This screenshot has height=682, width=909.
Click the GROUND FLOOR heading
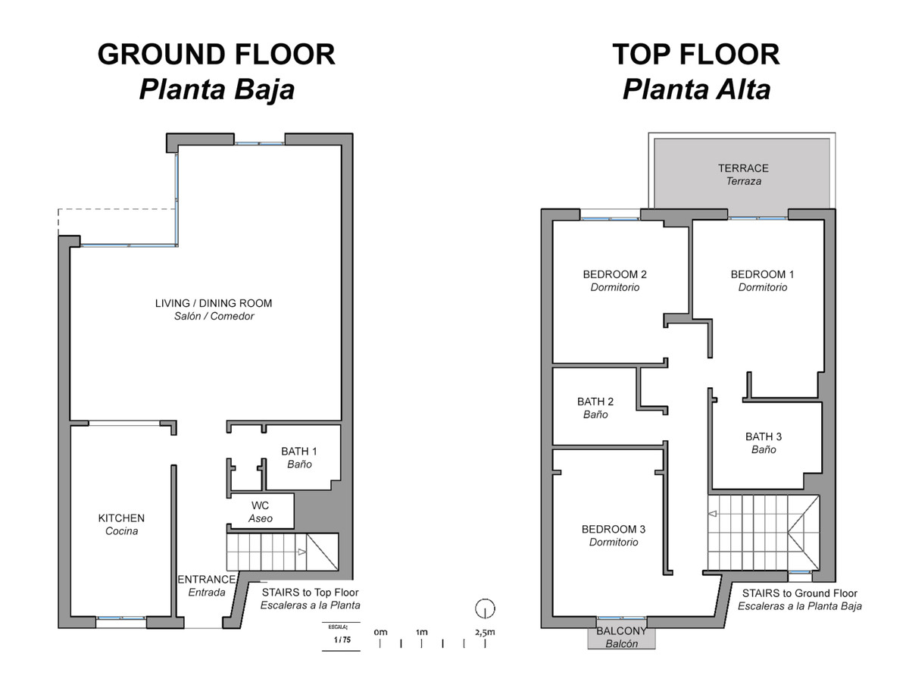pyautogui.click(x=216, y=55)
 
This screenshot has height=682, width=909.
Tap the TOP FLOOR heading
pyautogui.click(x=695, y=55)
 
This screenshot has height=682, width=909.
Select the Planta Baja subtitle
pyautogui.click(x=217, y=89)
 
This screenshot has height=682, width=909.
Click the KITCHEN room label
pyautogui.click(x=121, y=518)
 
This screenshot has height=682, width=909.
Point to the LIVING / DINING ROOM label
pyautogui.click(x=214, y=303)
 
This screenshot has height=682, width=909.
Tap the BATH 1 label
pyautogui.click(x=299, y=451)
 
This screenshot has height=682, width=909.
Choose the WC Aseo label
pyautogui.click(x=260, y=511)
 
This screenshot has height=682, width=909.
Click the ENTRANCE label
pyautogui.click(x=207, y=579)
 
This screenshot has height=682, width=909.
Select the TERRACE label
pyautogui.click(x=743, y=168)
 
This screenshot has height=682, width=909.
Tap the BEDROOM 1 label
pyautogui.click(x=762, y=274)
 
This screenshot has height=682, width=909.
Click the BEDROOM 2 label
pyautogui.click(x=614, y=274)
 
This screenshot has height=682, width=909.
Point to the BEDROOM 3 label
pyautogui.click(x=614, y=529)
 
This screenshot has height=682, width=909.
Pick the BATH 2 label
pyautogui.click(x=595, y=402)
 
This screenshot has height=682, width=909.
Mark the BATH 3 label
pyautogui.click(x=764, y=436)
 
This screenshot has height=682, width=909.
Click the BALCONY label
pyautogui.click(x=621, y=631)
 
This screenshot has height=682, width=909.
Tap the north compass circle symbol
pyautogui.click(x=485, y=609)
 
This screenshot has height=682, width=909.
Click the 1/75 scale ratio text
pyautogui.click(x=342, y=640)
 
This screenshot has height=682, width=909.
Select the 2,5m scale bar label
pyautogui.click(x=485, y=632)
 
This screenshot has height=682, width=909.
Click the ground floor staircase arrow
pyautogui.click(x=302, y=552)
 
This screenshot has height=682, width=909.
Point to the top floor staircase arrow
pyautogui.click(x=712, y=514)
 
